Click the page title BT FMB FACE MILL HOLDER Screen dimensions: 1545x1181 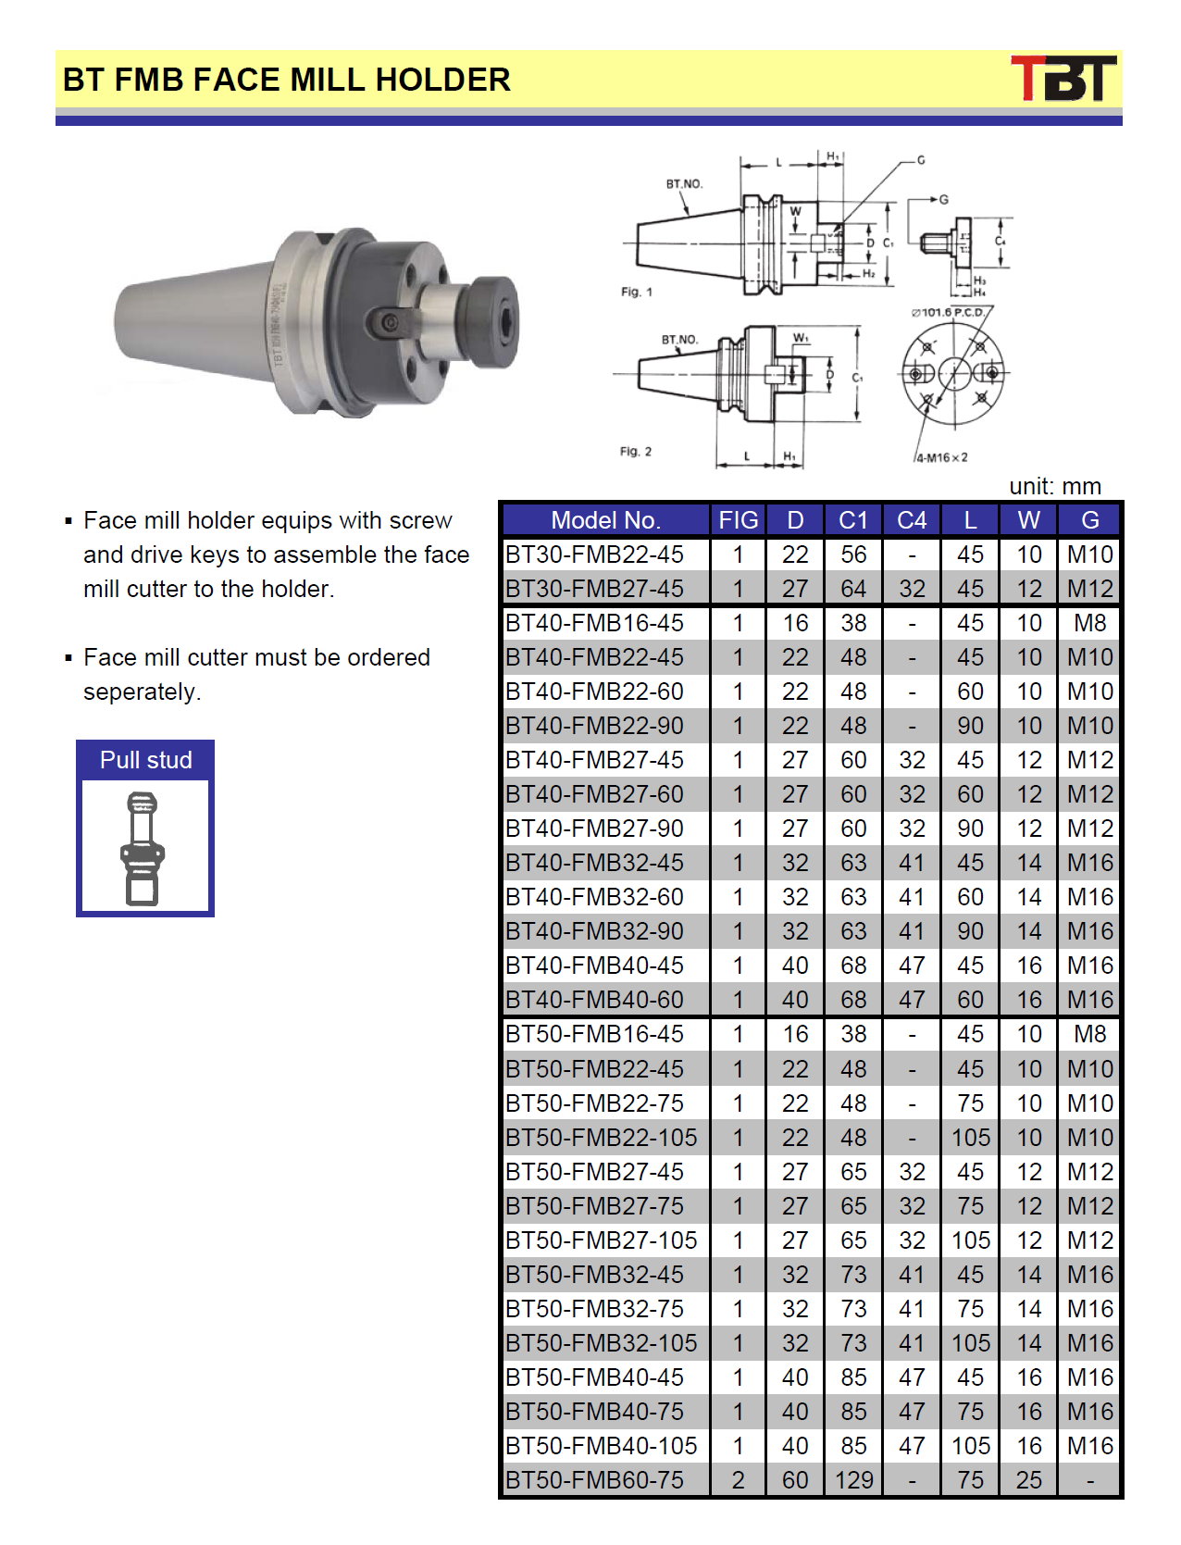pyautogui.click(x=287, y=80)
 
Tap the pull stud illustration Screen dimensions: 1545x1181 pyautogui.click(x=143, y=848)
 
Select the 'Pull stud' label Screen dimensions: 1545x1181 pyautogui.click(x=145, y=760)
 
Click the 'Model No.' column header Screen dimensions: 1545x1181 pyautogui.click(x=605, y=520)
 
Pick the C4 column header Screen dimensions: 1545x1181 pyautogui.click(x=912, y=520)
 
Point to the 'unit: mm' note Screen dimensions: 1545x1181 pyautogui.click(x=1054, y=486)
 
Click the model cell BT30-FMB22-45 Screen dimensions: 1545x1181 pyautogui.click(x=594, y=554)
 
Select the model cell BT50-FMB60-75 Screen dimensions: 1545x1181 pyautogui.click(x=594, y=1480)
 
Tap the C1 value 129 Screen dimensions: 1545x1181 pyautogui.click(x=853, y=1480)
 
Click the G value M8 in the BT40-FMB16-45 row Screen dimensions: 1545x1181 pyautogui.click(x=1089, y=623)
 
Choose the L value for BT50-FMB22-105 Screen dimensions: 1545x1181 pyautogui.click(x=970, y=1138)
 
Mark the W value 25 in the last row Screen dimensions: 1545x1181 pyautogui.click(x=1029, y=1480)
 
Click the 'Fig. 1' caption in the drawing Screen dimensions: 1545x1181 pyautogui.click(x=636, y=292)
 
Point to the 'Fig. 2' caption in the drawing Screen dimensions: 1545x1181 pyautogui.click(x=635, y=452)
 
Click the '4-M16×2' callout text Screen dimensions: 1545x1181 pyautogui.click(x=941, y=457)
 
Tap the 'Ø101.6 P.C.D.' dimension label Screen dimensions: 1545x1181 pyautogui.click(x=948, y=313)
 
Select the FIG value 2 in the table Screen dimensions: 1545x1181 pyautogui.click(x=738, y=1480)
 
